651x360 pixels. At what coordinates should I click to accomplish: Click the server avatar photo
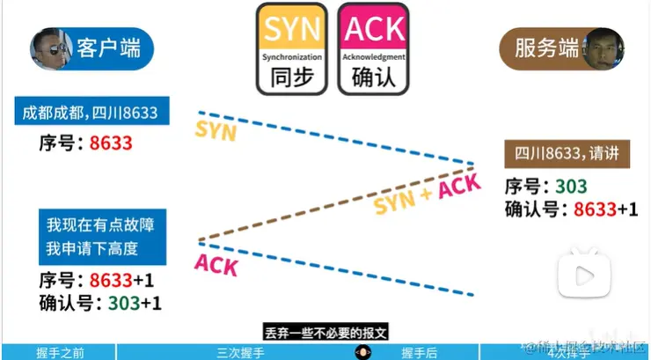click(x=605, y=48)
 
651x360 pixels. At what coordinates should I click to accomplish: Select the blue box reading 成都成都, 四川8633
click(x=91, y=114)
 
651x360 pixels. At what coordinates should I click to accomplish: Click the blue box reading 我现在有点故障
click(x=101, y=236)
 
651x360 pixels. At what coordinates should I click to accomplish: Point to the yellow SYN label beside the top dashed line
click(x=216, y=131)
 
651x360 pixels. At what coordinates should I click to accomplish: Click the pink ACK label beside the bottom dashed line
click(x=216, y=263)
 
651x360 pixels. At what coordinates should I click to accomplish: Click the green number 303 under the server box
click(x=571, y=187)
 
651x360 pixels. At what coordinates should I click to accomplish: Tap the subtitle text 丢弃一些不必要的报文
click(x=325, y=333)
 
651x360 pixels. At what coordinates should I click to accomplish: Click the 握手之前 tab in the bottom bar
click(x=60, y=353)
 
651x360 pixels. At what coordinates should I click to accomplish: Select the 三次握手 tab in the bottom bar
click(x=239, y=353)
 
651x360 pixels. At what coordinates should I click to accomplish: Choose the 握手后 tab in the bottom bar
click(x=419, y=353)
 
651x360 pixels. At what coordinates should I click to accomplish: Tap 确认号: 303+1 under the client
click(x=99, y=303)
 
